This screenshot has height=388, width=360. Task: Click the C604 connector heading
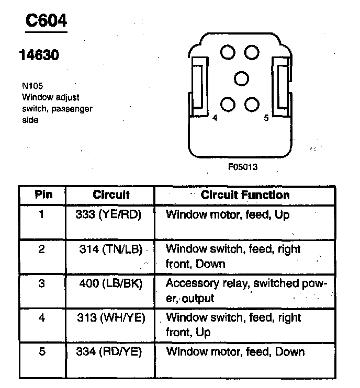[47, 21]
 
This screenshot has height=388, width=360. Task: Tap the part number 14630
[39, 54]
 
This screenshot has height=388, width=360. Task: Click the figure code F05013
[243, 168]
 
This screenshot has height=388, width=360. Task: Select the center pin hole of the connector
[241, 78]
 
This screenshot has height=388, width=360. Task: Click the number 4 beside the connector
[215, 118]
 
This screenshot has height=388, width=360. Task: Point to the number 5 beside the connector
[266, 118]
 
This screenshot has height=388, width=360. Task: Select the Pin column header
[43, 196]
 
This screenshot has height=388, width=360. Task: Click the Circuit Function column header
[245, 196]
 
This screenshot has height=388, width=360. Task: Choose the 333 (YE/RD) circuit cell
[110, 214]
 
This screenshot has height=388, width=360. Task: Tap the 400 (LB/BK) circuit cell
[111, 283]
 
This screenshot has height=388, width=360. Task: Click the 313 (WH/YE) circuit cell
[111, 317]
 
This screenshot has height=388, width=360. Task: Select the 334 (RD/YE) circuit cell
[111, 351]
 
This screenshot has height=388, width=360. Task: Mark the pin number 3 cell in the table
[42, 283]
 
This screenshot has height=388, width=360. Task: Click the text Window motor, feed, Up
[228, 214]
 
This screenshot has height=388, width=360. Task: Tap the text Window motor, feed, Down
[235, 351]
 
